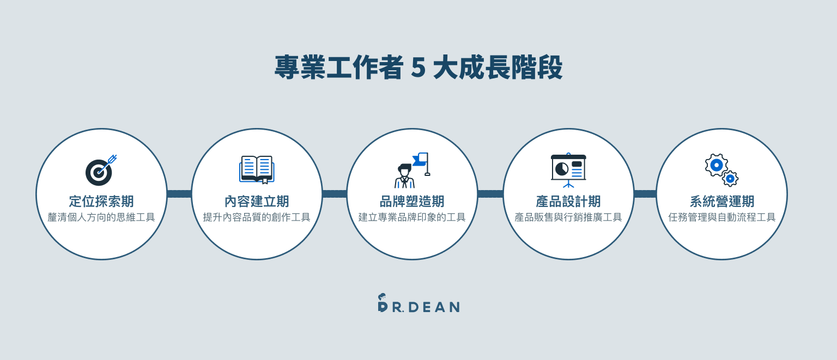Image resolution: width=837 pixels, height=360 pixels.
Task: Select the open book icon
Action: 257,169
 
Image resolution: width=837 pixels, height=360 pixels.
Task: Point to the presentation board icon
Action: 568,170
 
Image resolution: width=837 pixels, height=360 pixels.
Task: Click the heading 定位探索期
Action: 101,201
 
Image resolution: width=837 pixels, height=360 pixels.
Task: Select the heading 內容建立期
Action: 257,201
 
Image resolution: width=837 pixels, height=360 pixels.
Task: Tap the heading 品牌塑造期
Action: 412,201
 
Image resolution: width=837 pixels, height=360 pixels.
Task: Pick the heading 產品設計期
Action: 568,201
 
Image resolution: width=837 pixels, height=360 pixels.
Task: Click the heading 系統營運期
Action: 722,201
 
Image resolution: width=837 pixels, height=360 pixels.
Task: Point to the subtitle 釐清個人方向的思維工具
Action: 101,217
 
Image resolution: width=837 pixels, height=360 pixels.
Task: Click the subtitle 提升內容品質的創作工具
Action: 257,217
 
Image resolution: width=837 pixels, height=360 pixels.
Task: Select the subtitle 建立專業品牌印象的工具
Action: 412,217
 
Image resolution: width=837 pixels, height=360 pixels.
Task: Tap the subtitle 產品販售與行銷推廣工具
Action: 568,217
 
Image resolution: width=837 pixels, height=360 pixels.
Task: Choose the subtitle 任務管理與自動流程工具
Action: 722,217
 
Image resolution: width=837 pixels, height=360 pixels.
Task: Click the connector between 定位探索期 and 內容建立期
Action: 179,194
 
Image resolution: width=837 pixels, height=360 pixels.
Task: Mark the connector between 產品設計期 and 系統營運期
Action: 645,194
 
